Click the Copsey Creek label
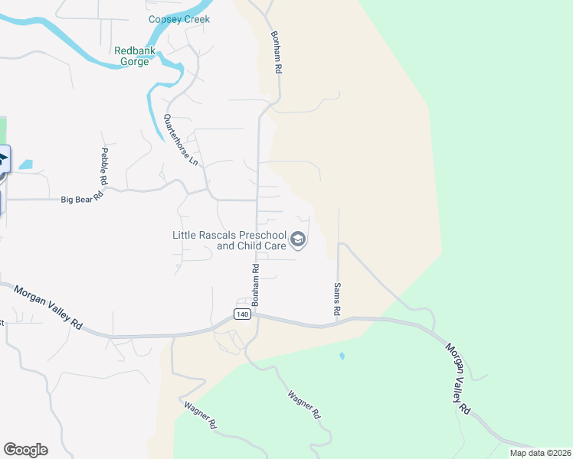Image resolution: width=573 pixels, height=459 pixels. [180, 19]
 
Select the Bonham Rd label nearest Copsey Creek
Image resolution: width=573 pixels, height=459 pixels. [277, 52]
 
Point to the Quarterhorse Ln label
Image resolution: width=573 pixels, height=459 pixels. [181, 140]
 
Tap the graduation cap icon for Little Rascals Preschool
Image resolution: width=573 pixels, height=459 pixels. [298, 241]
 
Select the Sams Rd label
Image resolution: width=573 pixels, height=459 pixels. [336, 299]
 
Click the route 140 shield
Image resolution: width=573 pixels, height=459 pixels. [242, 314]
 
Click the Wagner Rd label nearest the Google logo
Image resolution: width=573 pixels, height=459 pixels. [201, 415]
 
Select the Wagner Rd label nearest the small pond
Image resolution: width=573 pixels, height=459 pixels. [303, 405]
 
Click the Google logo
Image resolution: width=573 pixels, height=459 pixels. [25, 449]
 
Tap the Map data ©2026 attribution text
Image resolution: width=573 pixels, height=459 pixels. [539, 453]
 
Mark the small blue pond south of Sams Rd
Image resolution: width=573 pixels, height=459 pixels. [342, 356]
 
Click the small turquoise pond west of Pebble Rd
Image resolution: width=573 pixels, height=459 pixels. [26, 164]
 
